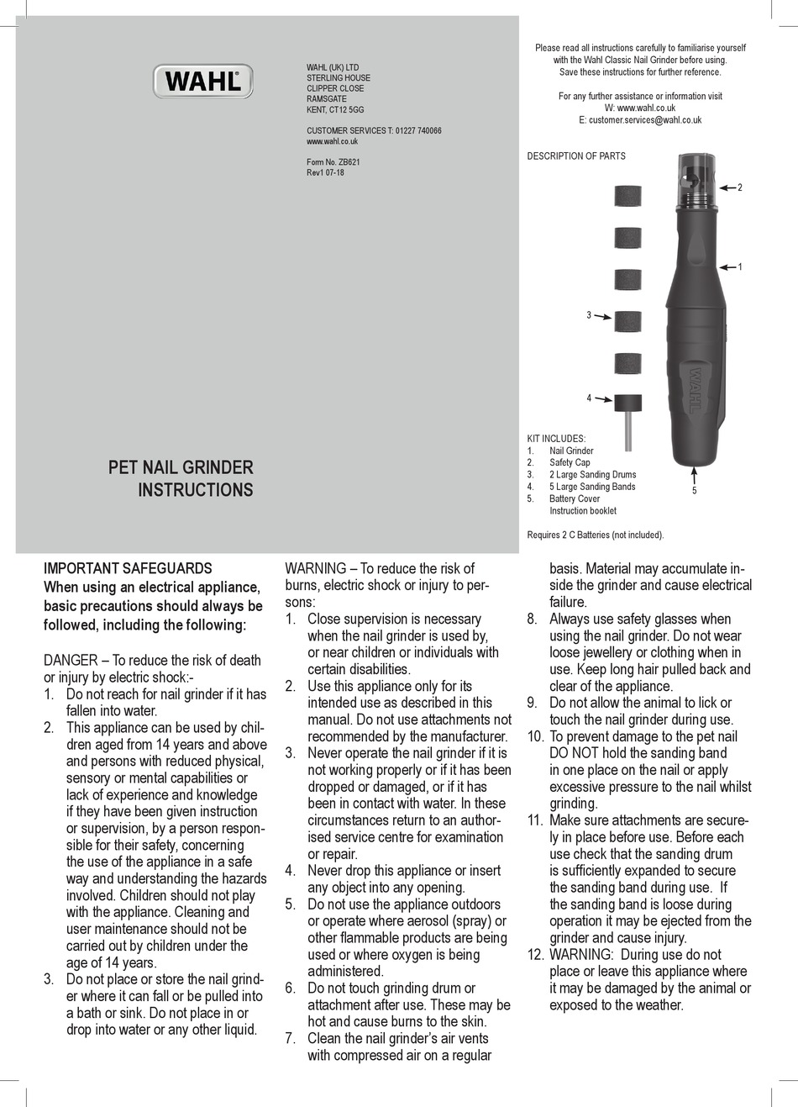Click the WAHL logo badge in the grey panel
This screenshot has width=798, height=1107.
pos(202,82)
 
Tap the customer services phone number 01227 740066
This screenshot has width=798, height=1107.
pos(417,131)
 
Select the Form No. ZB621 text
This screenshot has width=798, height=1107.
pos(333,162)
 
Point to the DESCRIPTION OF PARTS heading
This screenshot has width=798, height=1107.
pos(576,156)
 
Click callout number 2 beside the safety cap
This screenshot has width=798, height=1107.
pos(740,187)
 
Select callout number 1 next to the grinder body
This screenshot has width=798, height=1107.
pos(740,267)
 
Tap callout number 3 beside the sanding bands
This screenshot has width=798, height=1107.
pos(589,315)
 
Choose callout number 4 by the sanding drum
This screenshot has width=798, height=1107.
pos(589,398)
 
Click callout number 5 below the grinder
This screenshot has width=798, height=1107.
pos(695,491)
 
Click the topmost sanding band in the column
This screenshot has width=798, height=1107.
pos(627,197)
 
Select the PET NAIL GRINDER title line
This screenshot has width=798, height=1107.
pos(181,467)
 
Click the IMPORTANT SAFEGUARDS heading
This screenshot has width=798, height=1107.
pos(128,568)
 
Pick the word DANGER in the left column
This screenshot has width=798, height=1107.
pos(71,661)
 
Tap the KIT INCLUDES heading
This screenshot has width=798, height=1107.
pos(556,439)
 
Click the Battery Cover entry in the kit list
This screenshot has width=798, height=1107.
pos(575,499)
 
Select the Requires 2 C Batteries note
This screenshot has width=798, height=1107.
pos(595,535)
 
